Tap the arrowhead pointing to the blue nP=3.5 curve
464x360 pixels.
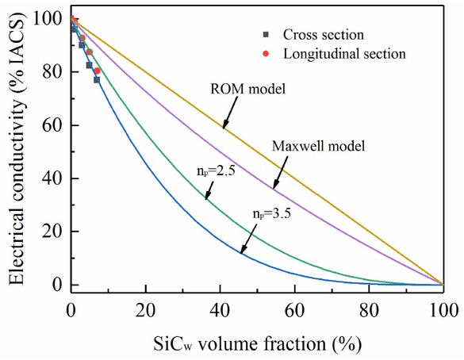pos(243,251)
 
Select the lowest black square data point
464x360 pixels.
pos(97,79)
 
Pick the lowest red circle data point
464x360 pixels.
pos(97,71)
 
